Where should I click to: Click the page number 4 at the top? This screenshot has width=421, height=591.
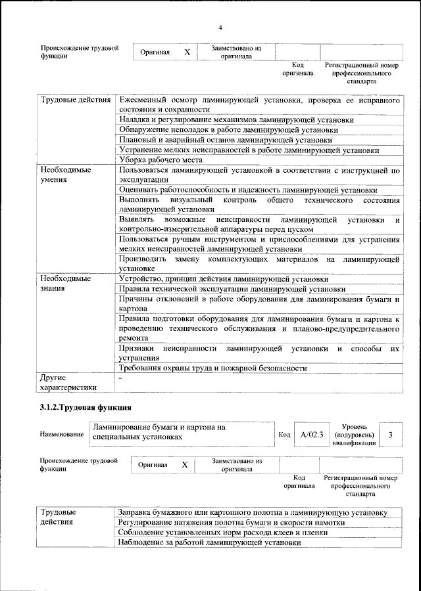(220, 27)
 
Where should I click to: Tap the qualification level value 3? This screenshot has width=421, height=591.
(391, 435)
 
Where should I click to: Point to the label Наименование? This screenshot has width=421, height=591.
(62, 435)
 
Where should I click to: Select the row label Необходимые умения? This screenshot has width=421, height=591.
(66, 174)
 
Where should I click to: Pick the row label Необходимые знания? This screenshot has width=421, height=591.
(66, 283)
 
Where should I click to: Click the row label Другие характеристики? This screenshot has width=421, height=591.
(68, 383)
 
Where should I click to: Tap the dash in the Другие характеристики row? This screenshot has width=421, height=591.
(120, 379)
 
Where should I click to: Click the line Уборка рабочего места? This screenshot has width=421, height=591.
(161, 160)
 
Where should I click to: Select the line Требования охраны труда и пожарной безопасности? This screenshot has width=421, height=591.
(212, 368)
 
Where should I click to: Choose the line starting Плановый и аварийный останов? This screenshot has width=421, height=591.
(224, 140)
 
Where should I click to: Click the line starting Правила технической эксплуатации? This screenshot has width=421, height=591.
(232, 288)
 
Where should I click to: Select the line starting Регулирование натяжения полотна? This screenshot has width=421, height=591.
(231, 523)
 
